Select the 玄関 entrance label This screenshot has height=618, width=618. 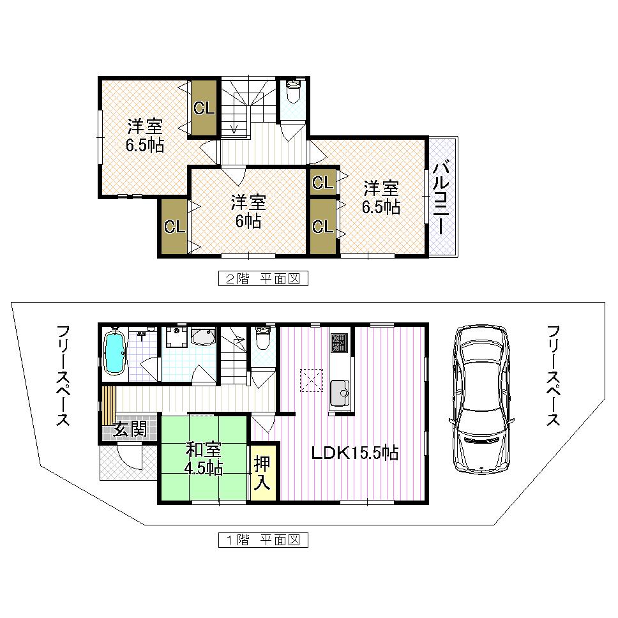130,430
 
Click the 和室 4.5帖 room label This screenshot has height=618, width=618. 204,458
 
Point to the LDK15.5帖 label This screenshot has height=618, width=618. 355,453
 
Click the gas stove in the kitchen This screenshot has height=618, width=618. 338,343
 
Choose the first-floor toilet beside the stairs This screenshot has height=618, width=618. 262,338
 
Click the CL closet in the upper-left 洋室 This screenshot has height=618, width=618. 204,108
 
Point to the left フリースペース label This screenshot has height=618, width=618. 62,376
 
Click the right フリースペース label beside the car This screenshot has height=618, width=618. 553,376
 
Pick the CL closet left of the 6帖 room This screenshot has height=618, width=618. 174,227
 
